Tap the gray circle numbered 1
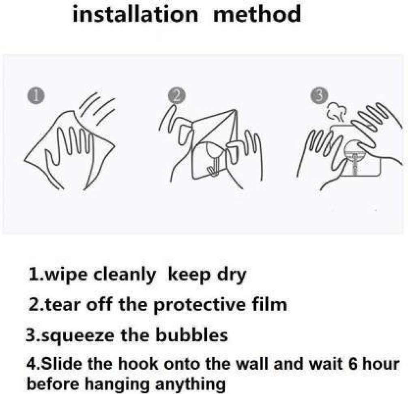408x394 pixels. (x=36, y=96)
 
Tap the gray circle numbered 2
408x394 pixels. (x=177, y=96)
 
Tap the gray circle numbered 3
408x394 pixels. (x=320, y=95)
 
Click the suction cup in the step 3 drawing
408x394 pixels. (x=354, y=156)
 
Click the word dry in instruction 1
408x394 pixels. (x=232, y=275)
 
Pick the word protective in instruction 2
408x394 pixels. (x=199, y=305)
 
